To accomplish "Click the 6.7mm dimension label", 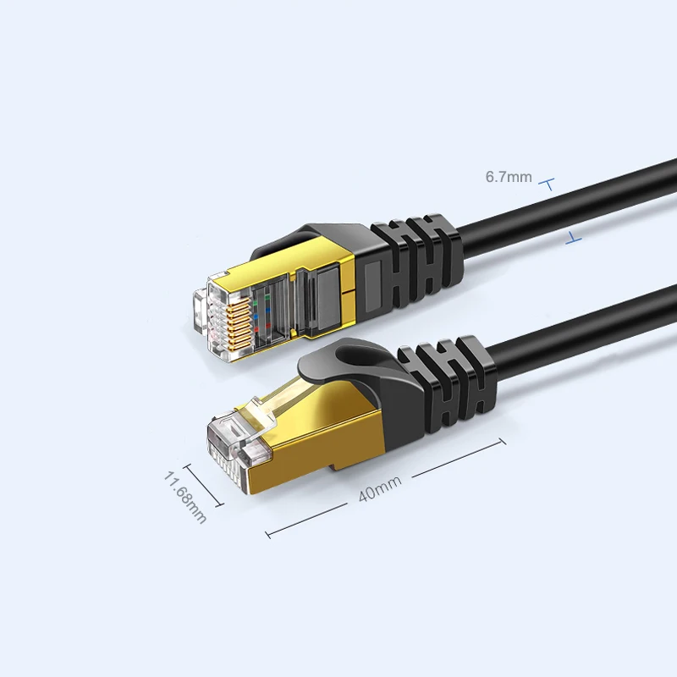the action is [509, 177].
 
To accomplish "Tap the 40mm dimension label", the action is [380, 489].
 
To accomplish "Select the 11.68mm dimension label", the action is [184, 497].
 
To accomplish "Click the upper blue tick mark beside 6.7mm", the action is [547, 184].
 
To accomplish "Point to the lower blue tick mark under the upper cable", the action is [574, 238].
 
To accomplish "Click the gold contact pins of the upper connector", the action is [239, 324].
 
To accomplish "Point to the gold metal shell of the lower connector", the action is [315, 436].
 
